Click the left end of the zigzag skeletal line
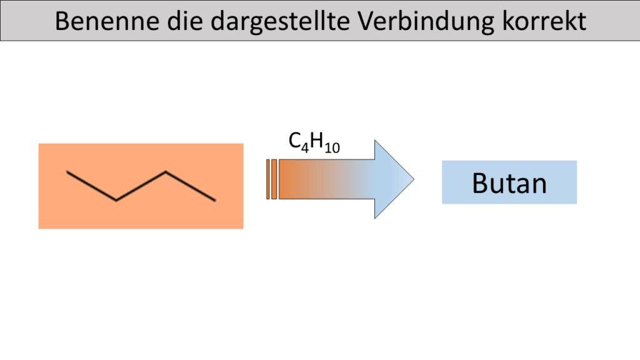67,172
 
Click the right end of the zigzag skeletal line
216,201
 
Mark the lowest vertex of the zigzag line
116,201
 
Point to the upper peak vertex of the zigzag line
166,172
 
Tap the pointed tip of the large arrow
414,179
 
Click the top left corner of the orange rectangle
39,144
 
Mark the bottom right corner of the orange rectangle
243,229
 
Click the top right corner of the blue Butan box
577,161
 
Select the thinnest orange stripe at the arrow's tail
267,179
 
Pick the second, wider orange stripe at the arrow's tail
274,179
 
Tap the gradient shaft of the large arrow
326,179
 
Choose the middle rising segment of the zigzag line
141,186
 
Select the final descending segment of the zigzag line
191,186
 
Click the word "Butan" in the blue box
509,183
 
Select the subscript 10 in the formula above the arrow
332,147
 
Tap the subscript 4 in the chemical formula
305,147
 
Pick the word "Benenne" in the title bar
107,21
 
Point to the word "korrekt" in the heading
544,21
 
